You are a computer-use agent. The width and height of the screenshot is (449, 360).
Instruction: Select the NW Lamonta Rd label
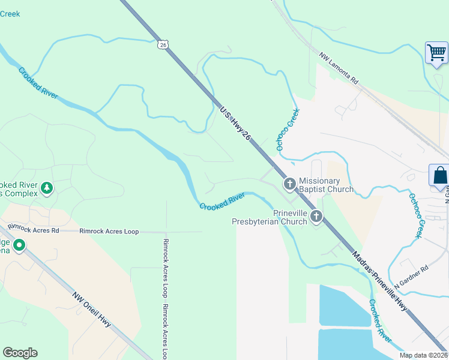coord(339,69)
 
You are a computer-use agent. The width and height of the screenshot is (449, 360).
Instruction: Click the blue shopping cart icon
coord(436,52)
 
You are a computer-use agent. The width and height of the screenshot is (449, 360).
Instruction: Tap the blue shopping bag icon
coord(440,175)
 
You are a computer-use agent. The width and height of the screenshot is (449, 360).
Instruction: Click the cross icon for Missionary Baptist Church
coord(289,184)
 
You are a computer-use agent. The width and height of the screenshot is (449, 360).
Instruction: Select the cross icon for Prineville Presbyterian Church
coord(316,217)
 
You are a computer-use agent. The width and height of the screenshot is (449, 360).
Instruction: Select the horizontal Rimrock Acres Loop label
coord(109,231)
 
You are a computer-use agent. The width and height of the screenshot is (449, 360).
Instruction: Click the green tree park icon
coord(46,189)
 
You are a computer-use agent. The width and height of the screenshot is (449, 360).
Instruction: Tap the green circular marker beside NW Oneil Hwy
coord(19,245)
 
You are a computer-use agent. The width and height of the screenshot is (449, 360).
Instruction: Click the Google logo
coord(20,353)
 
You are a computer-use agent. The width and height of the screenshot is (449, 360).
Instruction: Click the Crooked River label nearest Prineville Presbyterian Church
coord(222,201)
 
